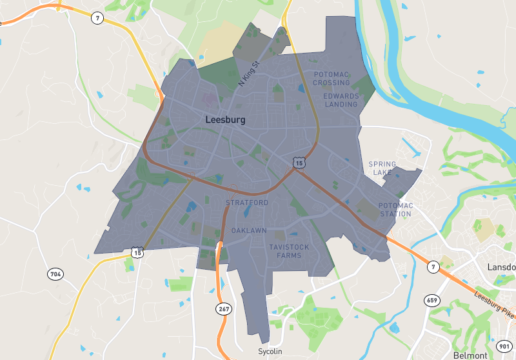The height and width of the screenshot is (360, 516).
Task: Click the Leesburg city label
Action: click(x=225, y=120)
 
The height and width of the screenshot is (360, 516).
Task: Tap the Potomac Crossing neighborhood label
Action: click(x=332, y=79)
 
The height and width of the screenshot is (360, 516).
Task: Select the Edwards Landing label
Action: click(x=341, y=100)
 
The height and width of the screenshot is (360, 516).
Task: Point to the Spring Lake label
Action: click(x=382, y=168)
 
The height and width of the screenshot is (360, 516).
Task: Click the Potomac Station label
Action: click(x=395, y=210)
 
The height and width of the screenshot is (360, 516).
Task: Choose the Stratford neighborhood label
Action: click(x=247, y=203)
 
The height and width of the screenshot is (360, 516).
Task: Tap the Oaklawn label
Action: click(x=249, y=230)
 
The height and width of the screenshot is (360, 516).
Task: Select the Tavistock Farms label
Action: click(x=284, y=251)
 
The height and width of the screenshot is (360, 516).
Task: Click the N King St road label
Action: click(x=248, y=74)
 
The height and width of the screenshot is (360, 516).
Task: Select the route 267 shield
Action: click(x=223, y=309)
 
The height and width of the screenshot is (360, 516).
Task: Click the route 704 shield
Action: click(x=55, y=274)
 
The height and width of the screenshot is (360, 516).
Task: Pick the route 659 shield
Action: click(x=432, y=300)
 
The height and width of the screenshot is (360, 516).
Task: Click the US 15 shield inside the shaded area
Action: click(x=298, y=162)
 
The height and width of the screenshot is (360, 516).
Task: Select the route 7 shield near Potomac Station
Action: click(x=433, y=266)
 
